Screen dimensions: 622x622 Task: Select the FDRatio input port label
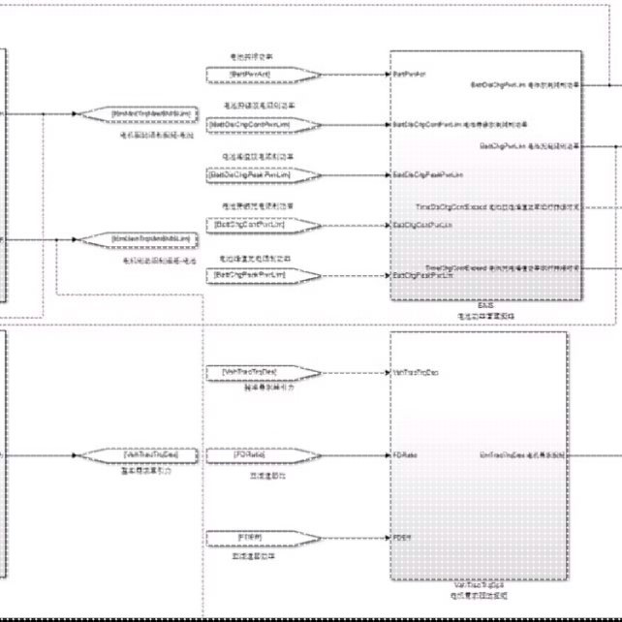tap(405, 454)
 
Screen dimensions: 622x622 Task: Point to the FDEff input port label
tap(403, 537)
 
